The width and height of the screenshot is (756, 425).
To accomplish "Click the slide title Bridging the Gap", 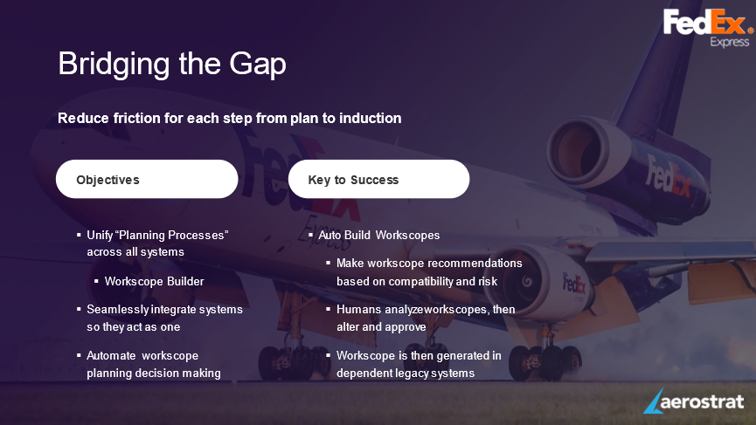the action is pos(172,64).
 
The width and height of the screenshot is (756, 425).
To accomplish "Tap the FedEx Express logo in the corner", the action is pos(708,28).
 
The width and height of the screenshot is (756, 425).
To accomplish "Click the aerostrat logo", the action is pos(694,401).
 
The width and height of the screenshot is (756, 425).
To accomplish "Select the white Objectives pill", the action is pos(147,179).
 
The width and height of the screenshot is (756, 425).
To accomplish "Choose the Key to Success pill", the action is pos(379,179).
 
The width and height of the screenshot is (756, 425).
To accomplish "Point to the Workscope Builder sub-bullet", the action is pos(155,281).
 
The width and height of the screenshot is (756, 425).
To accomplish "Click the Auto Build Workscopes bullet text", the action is pos(379,235).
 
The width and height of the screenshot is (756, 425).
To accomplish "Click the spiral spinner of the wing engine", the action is pos(527,281).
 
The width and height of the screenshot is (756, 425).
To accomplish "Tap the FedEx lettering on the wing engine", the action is pos(573,284).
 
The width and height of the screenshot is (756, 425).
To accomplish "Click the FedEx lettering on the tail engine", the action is pos(669,176).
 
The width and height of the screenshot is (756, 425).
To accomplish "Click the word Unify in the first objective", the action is pos(100,236).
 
